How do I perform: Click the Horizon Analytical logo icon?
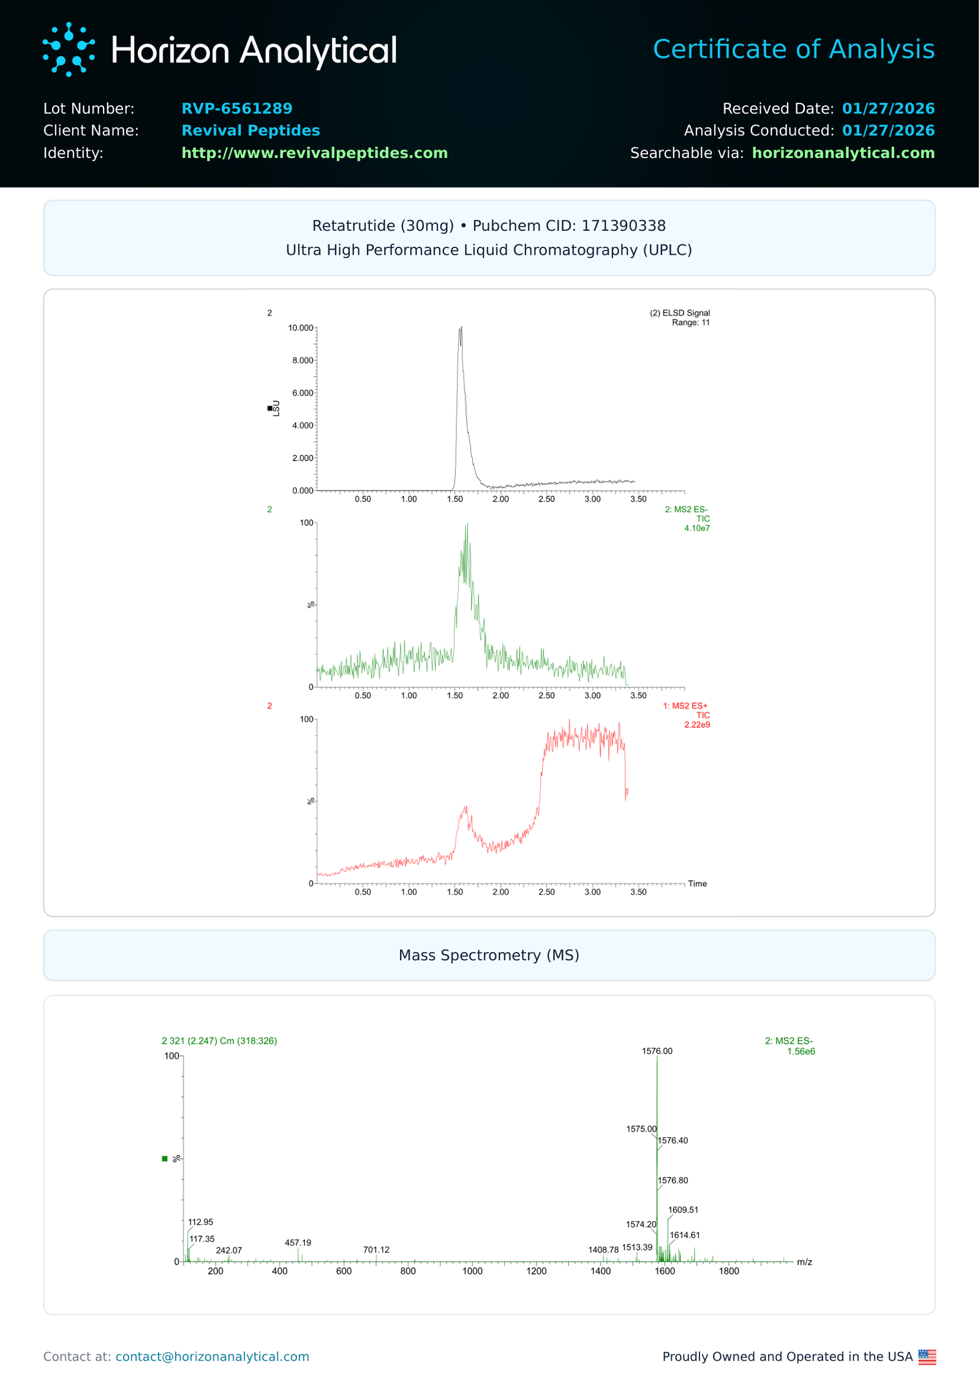(x=69, y=50)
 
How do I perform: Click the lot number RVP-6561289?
(x=236, y=108)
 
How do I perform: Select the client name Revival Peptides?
(x=251, y=130)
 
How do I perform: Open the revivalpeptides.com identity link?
(x=314, y=153)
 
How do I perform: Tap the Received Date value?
(x=888, y=108)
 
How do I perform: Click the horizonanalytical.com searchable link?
(x=843, y=153)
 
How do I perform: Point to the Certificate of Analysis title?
(x=793, y=49)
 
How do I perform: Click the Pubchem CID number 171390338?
(x=623, y=226)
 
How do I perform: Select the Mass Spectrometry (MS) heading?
(x=489, y=955)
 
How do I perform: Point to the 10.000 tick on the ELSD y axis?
(x=301, y=328)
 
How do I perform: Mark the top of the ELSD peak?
(x=461, y=328)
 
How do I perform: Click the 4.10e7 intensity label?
(x=696, y=528)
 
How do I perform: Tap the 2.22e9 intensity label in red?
(x=696, y=724)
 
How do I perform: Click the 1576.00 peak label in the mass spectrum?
(x=657, y=1051)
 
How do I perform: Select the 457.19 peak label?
(x=298, y=1243)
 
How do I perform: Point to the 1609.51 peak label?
(x=682, y=1209)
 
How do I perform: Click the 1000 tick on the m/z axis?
(x=472, y=1271)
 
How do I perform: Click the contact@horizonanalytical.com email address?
(x=212, y=1356)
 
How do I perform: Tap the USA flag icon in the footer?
(x=927, y=1357)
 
